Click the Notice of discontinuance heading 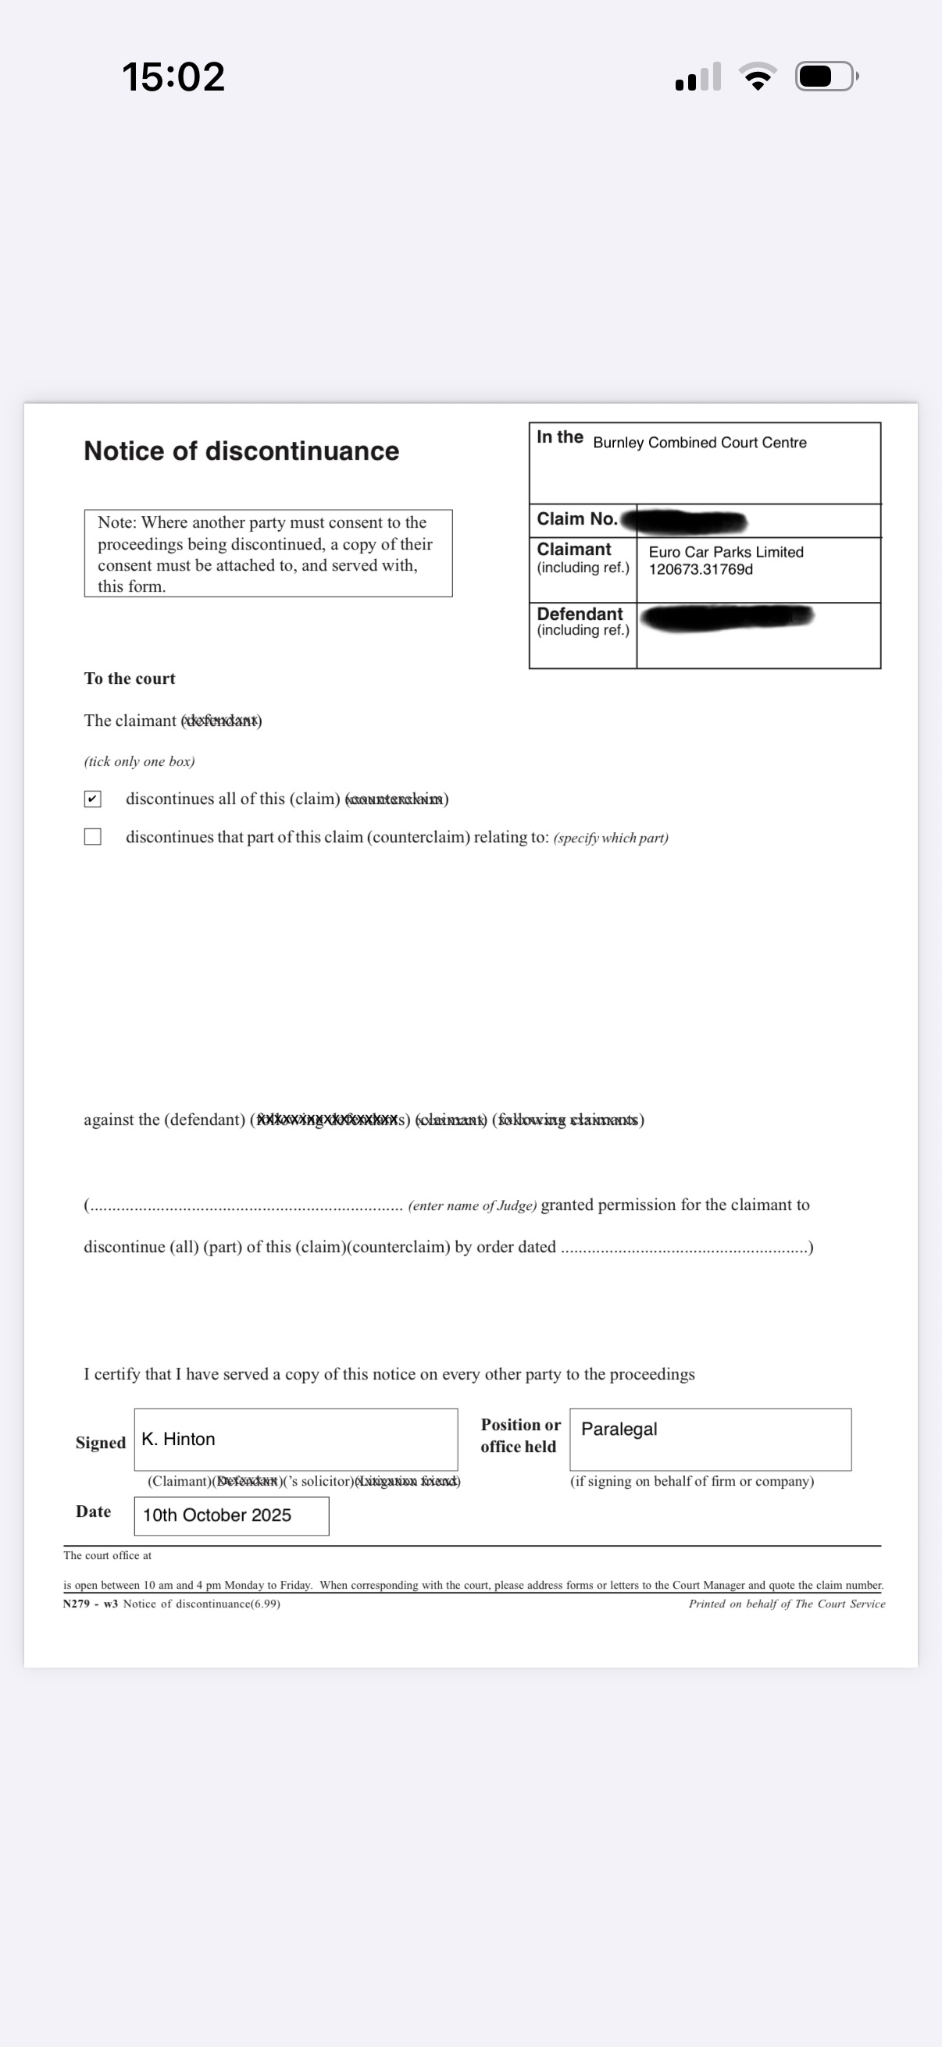[x=241, y=451]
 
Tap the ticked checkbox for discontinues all [x=93, y=799]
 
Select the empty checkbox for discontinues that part [x=93, y=837]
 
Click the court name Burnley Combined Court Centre [x=700, y=443]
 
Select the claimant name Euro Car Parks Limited [x=726, y=552]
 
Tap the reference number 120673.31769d [x=701, y=570]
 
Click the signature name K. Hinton [x=178, y=1439]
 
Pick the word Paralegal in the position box [x=619, y=1429]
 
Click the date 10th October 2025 [x=217, y=1515]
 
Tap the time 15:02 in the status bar [x=173, y=77]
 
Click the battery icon [x=826, y=77]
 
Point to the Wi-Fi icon [x=758, y=77]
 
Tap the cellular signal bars [x=698, y=77]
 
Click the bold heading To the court [x=130, y=678]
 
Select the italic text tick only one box [x=139, y=761]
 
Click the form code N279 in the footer [x=77, y=1604]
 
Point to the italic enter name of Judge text [x=473, y=1205]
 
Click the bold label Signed [x=100, y=1442]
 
